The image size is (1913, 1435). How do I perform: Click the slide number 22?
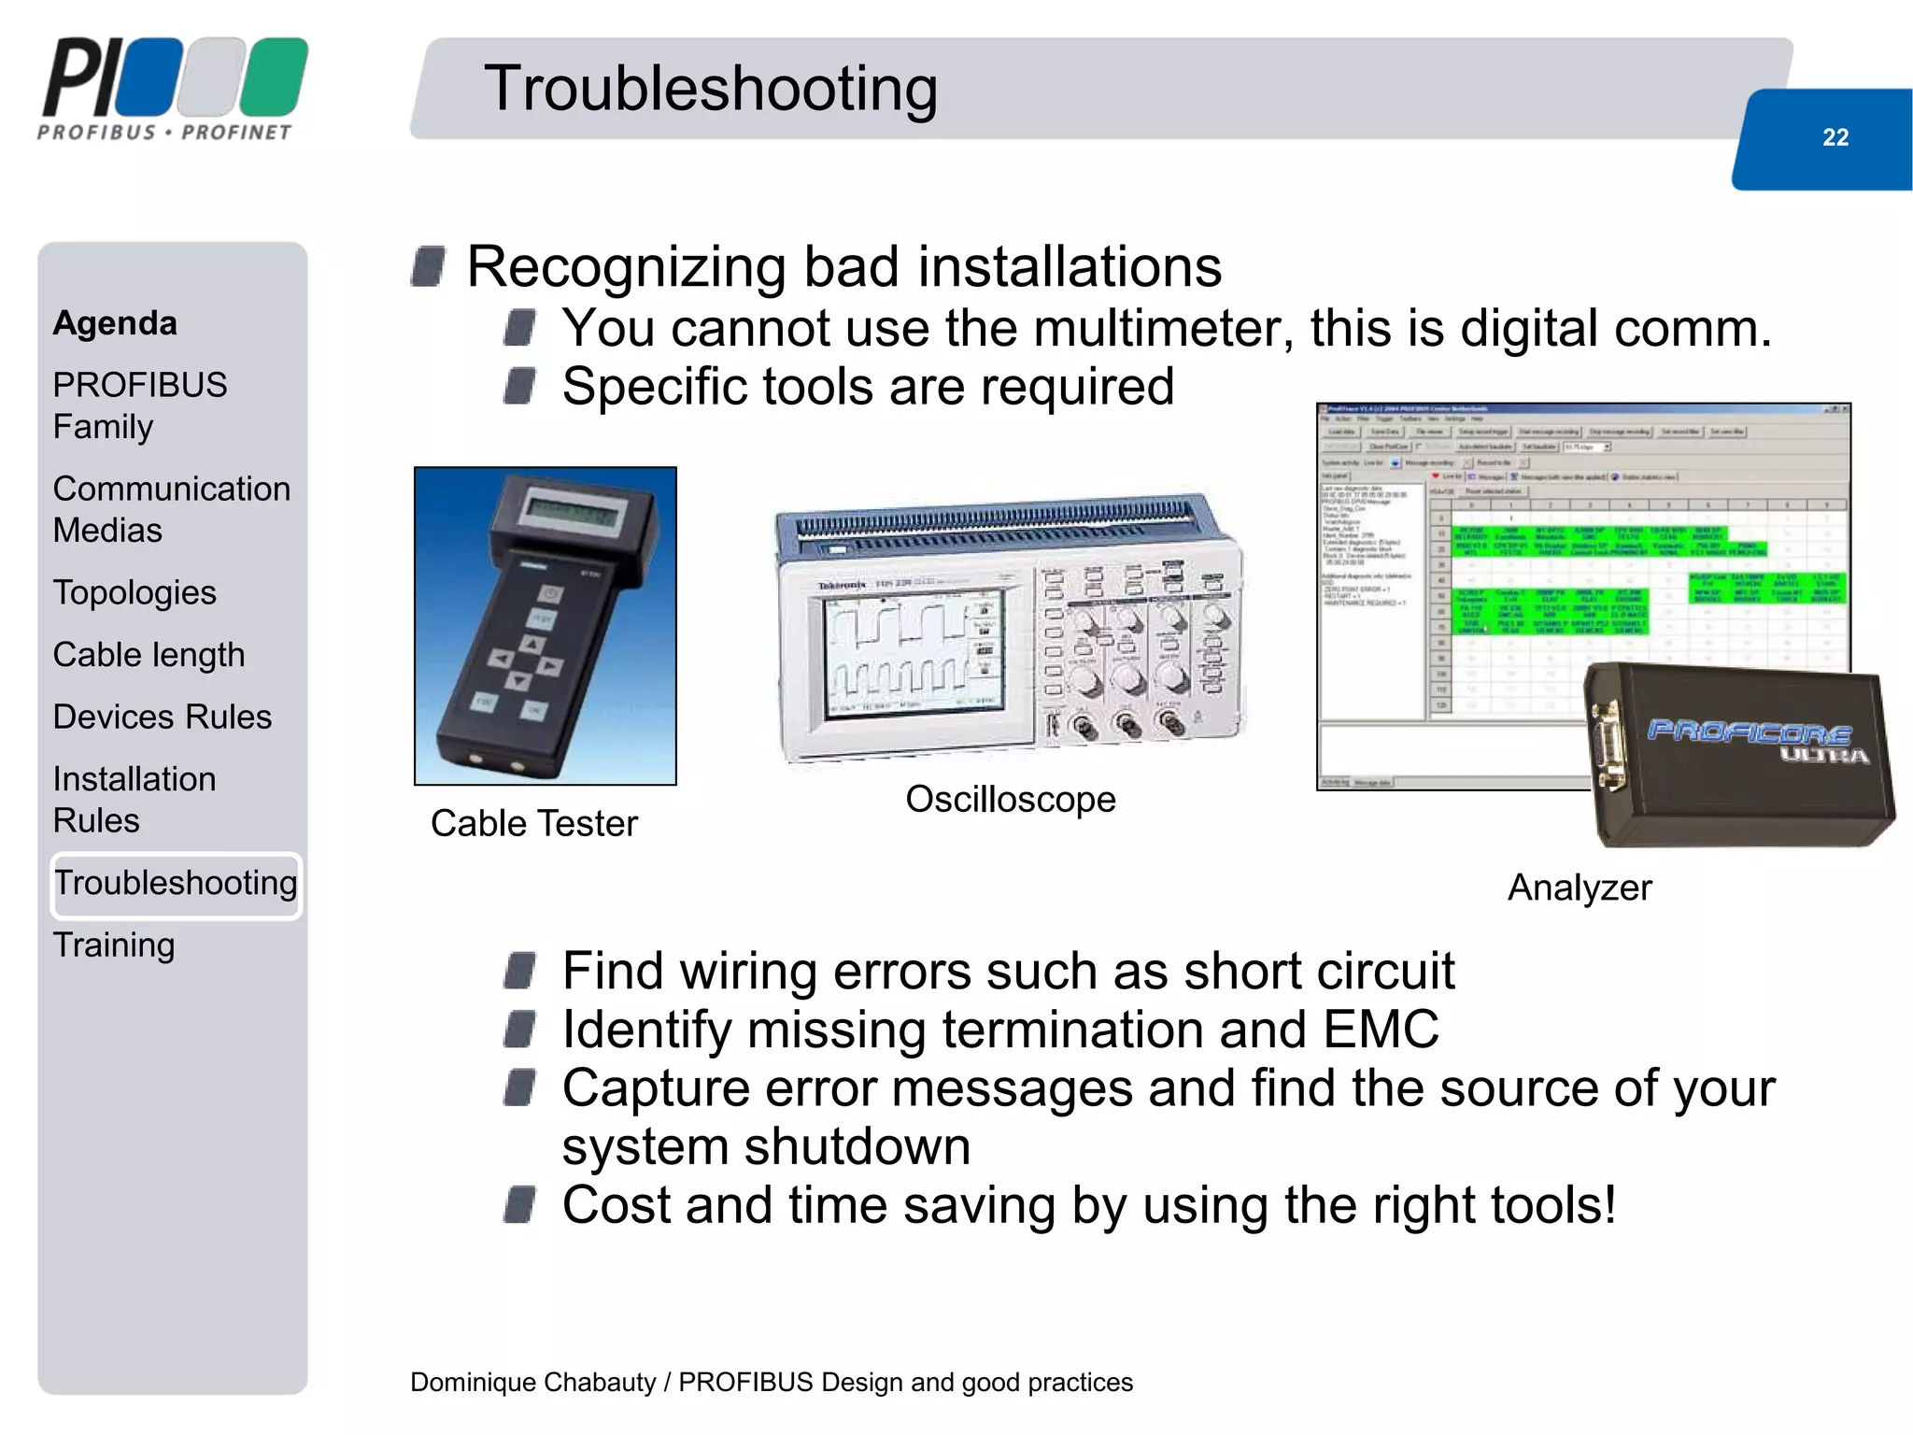(1835, 137)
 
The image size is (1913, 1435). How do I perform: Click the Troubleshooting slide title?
(711, 89)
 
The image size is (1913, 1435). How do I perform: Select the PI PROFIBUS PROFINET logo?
(173, 89)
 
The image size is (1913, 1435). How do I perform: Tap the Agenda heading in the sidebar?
(115, 323)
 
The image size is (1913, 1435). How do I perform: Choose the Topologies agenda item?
(135, 593)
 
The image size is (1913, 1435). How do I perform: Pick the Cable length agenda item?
(149, 655)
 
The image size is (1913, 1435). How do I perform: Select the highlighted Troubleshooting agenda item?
(176, 884)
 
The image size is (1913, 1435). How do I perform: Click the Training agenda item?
(114, 945)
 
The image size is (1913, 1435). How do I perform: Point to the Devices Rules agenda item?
(163, 717)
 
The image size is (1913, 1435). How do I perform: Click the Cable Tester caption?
(534, 824)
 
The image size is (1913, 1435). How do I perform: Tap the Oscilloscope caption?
(1011, 800)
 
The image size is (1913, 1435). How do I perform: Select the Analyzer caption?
(1580, 888)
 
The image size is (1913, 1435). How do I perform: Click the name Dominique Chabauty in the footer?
(532, 1383)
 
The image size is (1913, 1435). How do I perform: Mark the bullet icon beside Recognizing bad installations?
(429, 266)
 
